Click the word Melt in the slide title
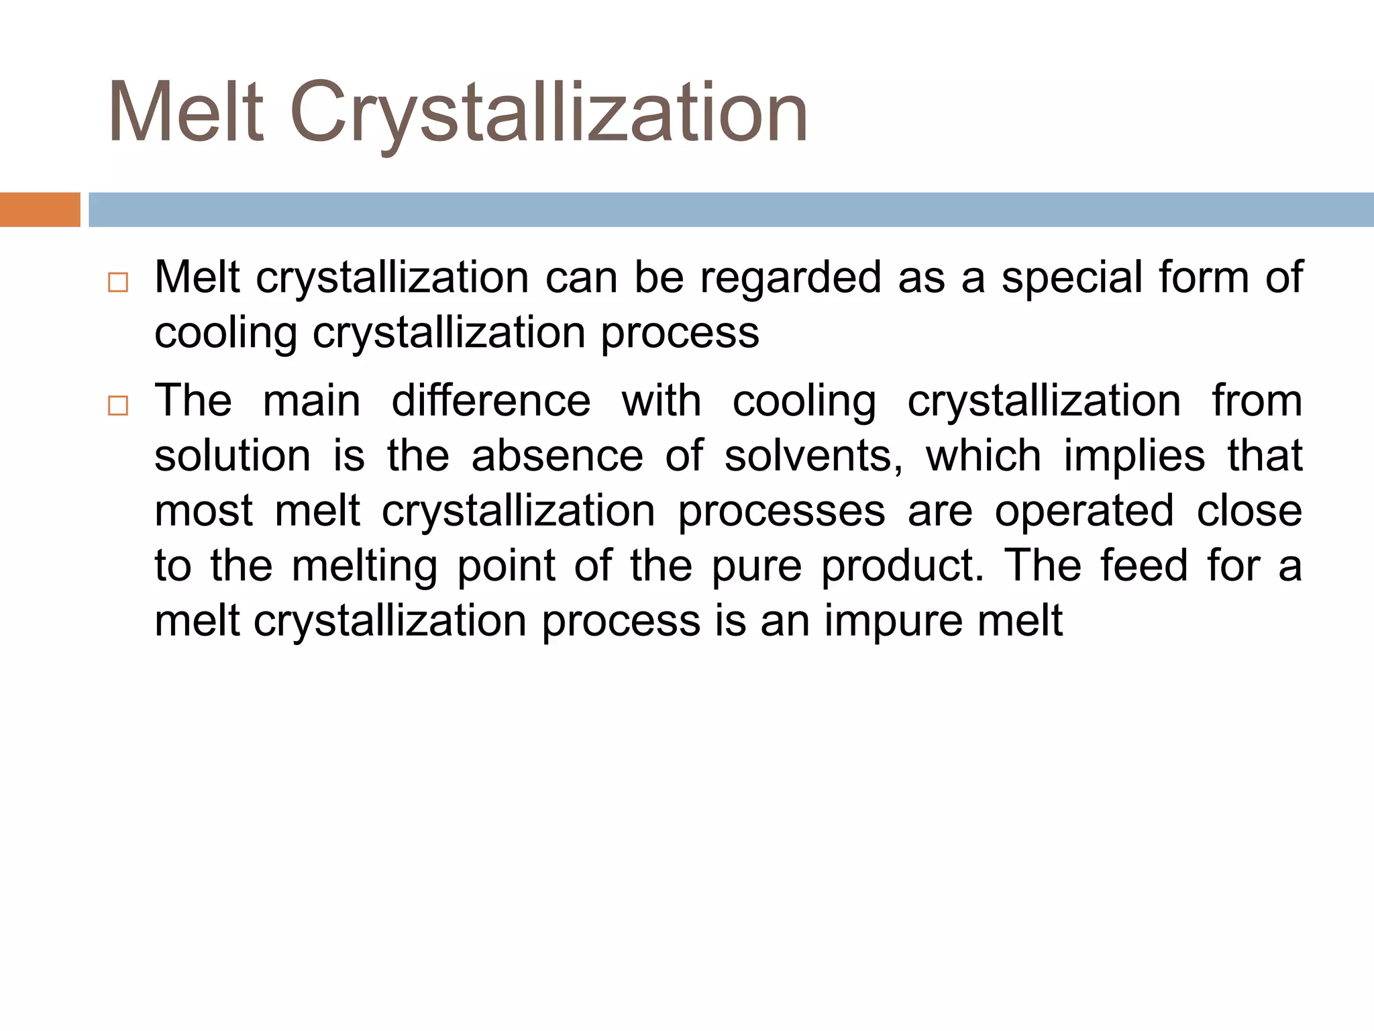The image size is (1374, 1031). tap(186, 112)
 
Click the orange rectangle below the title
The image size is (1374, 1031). tap(40, 209)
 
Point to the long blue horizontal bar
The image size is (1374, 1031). tap(731, 209)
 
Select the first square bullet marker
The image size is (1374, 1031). tap(117, 283)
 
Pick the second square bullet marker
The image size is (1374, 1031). tap(117, 406)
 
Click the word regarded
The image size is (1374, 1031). tap(790, 279)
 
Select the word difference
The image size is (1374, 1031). tap(490, 401)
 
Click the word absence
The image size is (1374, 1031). tap(557, 456)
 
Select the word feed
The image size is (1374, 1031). tap(1143, 566)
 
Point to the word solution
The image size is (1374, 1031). tap(232, 456)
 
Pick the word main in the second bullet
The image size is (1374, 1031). tap(311, 401)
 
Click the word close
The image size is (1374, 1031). tap(1249, 511)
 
